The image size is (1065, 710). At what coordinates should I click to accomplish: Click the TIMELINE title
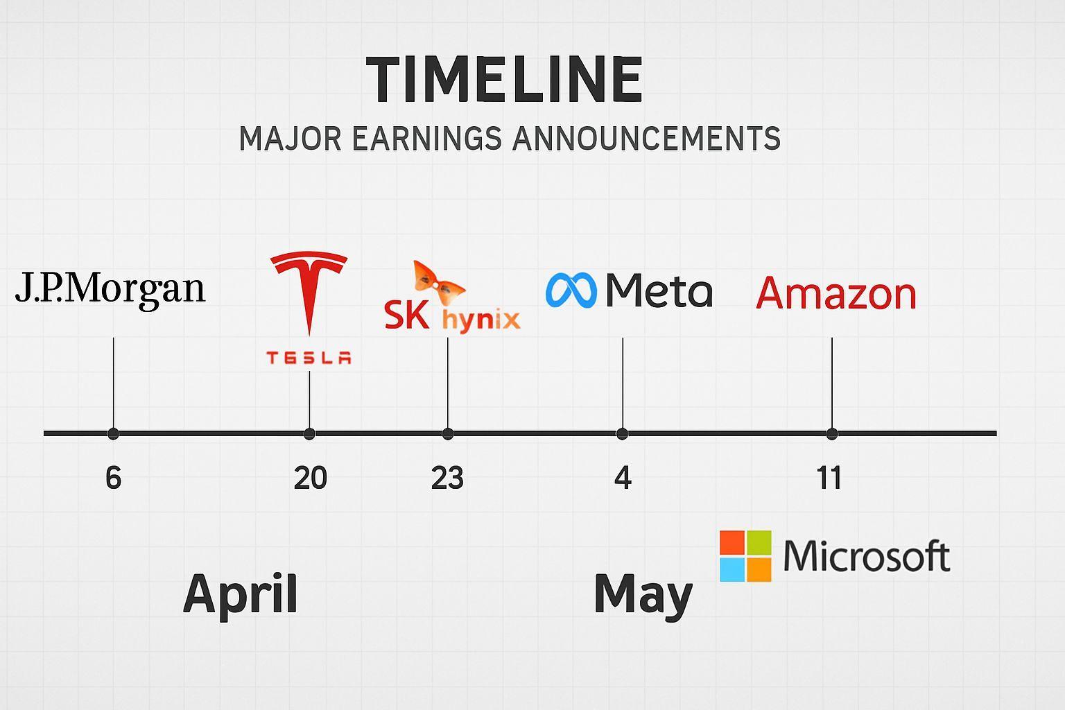click(x=505, y=79)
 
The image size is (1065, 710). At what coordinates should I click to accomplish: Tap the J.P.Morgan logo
click(x=110, y=290)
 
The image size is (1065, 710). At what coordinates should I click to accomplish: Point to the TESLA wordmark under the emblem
click(x=309, y=358)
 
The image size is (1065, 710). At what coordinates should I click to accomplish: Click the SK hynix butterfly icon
click(x=438, y=283)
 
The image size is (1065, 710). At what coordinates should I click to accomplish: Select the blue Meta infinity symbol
click(x=571, y=290)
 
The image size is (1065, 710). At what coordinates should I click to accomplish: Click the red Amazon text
click(x=835, y=293)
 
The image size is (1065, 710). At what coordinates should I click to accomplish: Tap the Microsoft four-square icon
click(x=745, y=556)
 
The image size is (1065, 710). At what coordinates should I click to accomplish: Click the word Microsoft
click(x=866, y=555)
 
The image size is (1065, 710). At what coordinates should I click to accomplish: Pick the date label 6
click(x=113, y=478)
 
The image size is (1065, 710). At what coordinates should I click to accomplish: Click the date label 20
click(x=310, y=478)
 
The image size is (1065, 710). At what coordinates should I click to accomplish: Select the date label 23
click(x=447, y=478)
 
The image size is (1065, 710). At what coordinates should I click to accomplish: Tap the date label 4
click(x=623, y=478)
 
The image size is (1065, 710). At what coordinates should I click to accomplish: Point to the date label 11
click(x=829, y=478)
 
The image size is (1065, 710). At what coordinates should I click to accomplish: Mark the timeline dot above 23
click(x=447, y=434)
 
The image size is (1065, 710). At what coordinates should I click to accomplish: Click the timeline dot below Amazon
click(x=831, y=434)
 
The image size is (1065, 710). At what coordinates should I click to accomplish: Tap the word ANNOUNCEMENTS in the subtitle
click(x=646, y=139)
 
